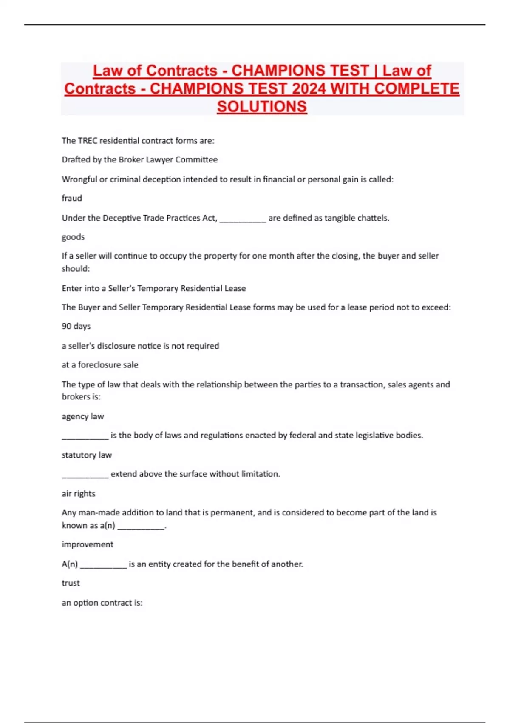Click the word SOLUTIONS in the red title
point(262,106)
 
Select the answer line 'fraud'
point(72,198)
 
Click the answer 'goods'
point(73,237)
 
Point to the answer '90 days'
point(76,326)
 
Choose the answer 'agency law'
point(83,416)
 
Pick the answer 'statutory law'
point(87,455)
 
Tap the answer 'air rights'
point(79,494)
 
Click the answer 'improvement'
point(88,544)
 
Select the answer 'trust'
point(71,583)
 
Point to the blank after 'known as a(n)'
point(141,527)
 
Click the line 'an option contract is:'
point(102,603)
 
